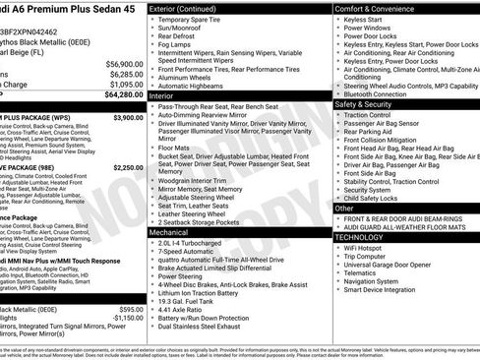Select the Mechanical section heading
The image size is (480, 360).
tap(169, 230)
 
